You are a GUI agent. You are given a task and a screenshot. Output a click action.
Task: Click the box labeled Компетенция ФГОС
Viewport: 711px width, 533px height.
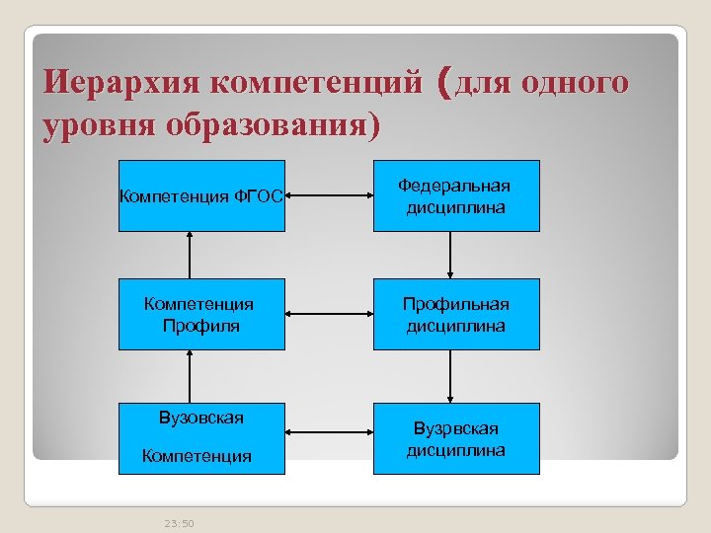201,195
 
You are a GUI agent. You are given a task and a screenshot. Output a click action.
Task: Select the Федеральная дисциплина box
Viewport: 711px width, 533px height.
455,195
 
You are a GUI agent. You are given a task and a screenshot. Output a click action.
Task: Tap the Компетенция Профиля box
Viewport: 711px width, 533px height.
201,314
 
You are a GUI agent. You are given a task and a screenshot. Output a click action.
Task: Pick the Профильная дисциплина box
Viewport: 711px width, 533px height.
455,314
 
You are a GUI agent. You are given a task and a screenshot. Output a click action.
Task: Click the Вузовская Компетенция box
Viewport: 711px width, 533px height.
201,437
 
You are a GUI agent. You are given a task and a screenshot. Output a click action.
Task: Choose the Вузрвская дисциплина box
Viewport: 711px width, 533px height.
455,437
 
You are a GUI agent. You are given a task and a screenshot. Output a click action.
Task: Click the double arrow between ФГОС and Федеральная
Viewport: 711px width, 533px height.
329,195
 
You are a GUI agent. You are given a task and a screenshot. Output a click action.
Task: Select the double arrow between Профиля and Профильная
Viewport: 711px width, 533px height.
329,314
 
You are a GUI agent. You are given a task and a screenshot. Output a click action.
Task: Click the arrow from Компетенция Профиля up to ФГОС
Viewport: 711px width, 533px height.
188,255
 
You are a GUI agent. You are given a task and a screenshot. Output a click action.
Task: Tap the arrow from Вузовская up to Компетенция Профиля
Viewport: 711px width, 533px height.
188,376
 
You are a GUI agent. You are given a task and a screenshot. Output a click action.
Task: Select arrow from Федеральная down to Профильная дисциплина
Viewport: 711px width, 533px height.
450,255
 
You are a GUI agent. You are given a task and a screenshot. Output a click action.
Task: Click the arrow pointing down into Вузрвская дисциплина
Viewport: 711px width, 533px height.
450,376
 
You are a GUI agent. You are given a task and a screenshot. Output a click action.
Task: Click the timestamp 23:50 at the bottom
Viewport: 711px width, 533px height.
179,522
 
